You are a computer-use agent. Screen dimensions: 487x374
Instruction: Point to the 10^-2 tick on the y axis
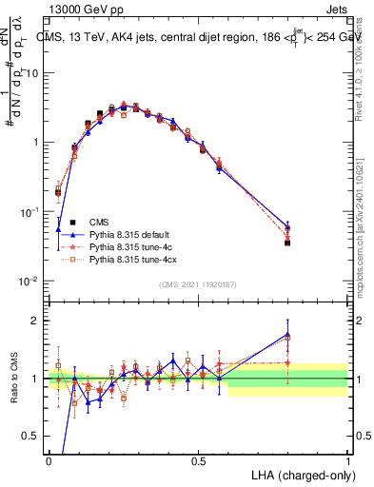[30, 282]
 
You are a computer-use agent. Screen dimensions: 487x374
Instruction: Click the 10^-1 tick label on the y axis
[30, 212]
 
